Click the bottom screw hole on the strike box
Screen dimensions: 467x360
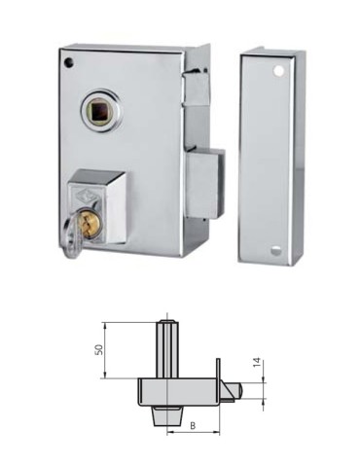(277, 249)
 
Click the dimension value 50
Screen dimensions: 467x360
(98, 349)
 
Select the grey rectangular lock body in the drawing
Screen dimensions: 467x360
(180, 391)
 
